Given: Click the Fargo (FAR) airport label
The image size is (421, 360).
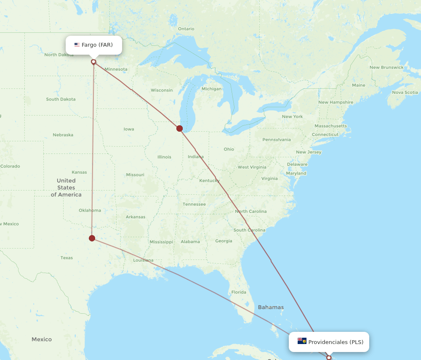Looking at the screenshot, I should point(97,45).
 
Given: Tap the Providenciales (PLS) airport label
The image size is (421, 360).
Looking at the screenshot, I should point(336,342).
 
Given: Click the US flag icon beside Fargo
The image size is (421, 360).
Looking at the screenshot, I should point(77,45).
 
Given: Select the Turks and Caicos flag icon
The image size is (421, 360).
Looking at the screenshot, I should point(302,341).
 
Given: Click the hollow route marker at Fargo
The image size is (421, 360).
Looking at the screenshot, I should point(93,62).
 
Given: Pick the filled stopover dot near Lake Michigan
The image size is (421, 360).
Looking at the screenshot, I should point(180,128).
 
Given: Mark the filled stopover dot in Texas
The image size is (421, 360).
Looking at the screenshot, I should point(92,238).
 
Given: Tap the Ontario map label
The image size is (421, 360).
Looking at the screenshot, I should point(186,29).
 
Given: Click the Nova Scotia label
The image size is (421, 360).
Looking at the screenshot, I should point(405,92).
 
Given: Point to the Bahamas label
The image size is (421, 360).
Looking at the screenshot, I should point(271,307).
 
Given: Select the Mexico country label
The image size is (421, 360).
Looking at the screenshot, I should point(41,339).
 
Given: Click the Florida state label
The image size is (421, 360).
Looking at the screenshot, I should point(238,292).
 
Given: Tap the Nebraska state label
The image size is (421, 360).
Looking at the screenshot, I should point(63,135).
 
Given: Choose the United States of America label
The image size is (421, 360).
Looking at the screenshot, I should point(66,188).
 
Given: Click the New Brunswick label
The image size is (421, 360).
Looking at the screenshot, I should point(386,67).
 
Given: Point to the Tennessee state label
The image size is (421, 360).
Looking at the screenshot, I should point(194,204).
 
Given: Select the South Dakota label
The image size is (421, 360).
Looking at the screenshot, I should point(61,99).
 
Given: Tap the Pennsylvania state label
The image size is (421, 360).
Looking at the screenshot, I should point(276,140).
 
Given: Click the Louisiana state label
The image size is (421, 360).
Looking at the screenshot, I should point(143,260).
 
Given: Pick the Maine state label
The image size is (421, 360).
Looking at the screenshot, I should point(358,85).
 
